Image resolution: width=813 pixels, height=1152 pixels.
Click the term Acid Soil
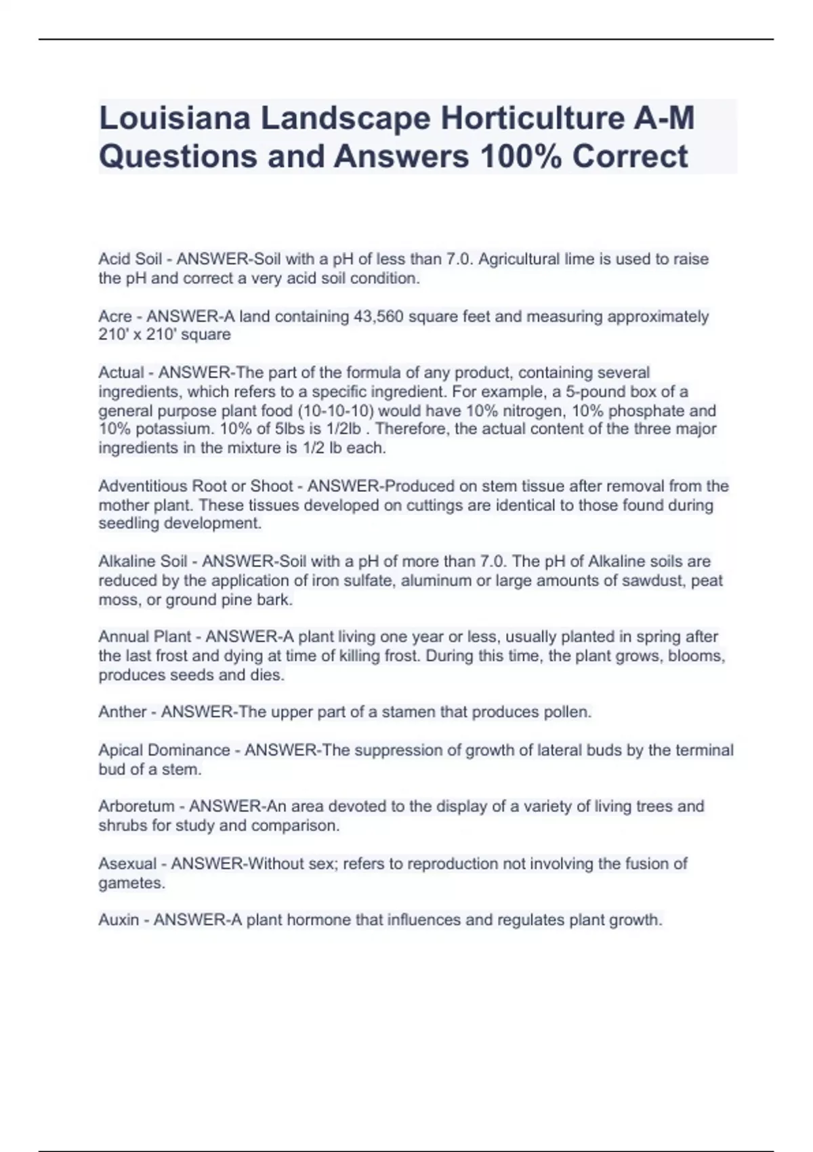[130, 259]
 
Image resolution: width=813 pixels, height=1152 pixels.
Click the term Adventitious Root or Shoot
[196, 486]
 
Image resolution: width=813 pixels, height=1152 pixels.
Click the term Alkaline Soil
[143, 561]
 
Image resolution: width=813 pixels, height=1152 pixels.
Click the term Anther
[121, 712]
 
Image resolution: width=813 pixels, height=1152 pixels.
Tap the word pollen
[565, 712]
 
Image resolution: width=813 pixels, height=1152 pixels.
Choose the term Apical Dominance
[164, 750]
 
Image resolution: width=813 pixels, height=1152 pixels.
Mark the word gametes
[131, 883]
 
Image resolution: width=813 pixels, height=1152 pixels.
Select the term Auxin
[119, 920]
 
